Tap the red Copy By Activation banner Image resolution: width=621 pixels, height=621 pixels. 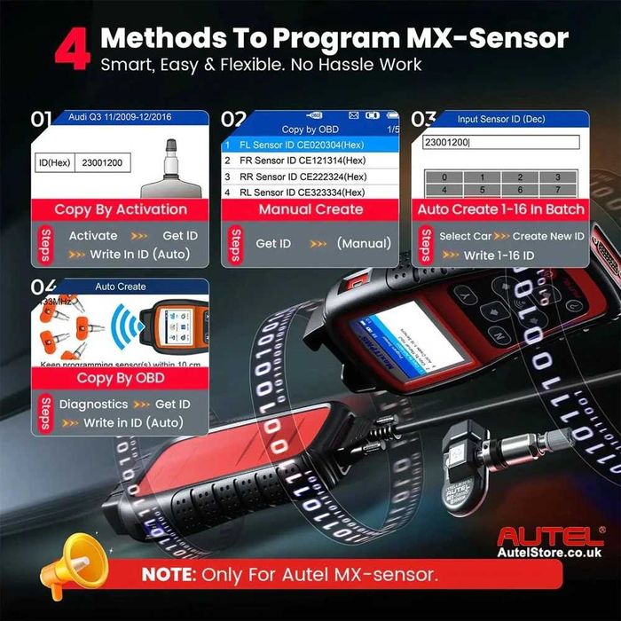tap(121, 209)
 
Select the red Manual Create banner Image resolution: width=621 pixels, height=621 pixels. tap(310, 209)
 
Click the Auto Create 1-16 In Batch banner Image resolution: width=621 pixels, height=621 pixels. tap(501, 209)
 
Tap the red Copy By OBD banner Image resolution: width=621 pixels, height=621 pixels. tap(121, 378)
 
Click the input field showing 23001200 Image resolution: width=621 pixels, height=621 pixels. tap(500, 142)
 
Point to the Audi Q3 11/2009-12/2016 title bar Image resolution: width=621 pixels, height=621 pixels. tap(121, 117)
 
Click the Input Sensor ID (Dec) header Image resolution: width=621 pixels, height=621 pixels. tap(501, 118)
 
